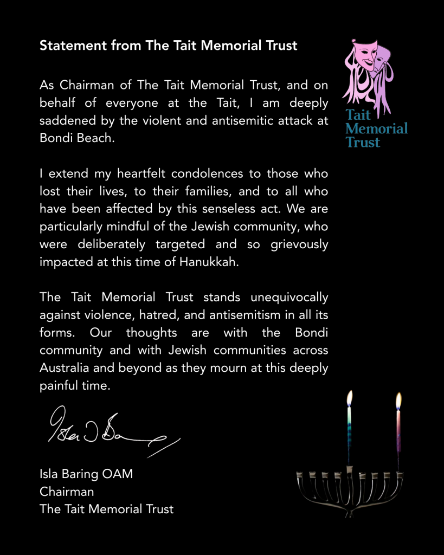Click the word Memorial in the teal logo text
[376, 129]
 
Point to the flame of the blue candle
[350, 398]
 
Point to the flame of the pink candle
[398, 401]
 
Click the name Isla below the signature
[50, 474]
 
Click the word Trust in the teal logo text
[363, 143]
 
